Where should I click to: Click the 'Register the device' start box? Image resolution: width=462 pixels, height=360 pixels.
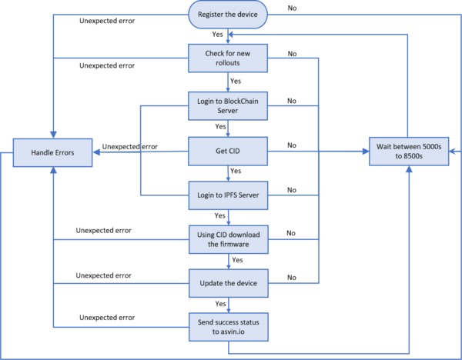[228, 15]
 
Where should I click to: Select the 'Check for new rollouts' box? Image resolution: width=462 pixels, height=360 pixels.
[228, 58]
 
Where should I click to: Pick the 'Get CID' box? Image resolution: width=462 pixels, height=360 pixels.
[228, 151]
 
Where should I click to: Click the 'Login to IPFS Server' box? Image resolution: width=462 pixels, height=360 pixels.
[228, 195]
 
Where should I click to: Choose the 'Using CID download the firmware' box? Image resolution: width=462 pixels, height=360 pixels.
[228, 240]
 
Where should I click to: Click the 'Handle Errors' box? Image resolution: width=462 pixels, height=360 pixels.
[53, 152]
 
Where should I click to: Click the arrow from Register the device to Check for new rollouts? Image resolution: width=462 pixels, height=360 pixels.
[228, 36]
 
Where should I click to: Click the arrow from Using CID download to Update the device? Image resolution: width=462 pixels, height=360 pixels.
[228, 262]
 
